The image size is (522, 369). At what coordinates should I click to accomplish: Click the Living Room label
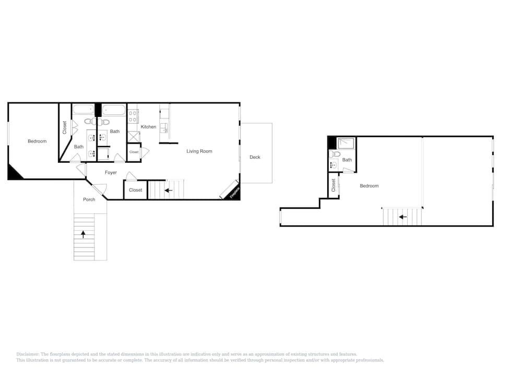199,151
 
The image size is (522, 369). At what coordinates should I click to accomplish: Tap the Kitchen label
148,127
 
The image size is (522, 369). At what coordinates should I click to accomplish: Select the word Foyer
111,173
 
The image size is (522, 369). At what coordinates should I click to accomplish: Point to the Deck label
255,157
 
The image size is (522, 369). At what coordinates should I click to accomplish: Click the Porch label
89,199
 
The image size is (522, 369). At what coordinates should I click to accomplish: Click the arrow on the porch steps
83,234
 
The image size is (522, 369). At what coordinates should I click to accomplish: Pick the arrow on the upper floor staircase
402,217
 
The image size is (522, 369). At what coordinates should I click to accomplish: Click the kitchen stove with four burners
133,116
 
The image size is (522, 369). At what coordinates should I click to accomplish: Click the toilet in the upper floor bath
336,154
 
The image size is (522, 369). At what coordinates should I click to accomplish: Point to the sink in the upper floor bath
334,165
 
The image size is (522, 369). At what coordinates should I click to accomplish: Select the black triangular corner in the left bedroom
14,173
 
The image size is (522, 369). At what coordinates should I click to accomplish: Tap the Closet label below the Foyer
135,190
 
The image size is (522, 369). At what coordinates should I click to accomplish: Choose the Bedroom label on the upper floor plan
369,186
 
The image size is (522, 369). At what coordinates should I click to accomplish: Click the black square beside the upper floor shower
332,142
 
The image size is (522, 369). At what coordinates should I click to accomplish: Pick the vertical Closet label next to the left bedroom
65,127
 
